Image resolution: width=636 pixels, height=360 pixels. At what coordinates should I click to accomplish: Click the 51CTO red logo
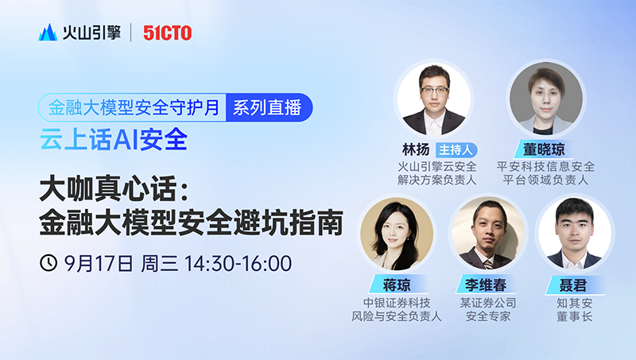tap(167, 33)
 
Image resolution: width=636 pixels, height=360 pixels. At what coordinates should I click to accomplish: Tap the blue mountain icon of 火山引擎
tap(48, 33)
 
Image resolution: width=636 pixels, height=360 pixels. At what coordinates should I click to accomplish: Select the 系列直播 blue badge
tap(269, 107)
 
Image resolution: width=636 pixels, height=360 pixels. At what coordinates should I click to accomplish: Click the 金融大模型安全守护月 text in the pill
tap(134, 108)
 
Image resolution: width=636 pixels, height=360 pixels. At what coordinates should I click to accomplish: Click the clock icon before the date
tap(48, 263)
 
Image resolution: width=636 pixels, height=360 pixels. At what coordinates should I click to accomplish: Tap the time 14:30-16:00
tap(238, 264)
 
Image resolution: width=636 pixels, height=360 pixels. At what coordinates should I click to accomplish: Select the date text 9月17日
tap(99, 264)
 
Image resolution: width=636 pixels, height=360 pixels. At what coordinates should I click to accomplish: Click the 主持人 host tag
tap(456, 150)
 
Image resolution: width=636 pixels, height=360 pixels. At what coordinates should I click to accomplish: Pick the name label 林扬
tap(416, 150)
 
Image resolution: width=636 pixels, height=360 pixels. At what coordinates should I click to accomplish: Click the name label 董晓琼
tap(544, 149)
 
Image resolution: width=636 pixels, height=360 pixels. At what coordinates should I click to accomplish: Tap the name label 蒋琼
tap(397, 285)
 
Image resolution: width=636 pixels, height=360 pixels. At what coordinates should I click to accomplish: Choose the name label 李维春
tap(486, 285)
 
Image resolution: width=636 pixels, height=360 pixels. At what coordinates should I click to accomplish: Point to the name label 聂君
tap(572, 286)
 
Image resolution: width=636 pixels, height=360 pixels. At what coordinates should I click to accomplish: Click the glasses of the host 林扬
tap(434, 90)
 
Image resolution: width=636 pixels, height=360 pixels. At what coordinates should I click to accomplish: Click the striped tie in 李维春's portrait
tap(489, 265)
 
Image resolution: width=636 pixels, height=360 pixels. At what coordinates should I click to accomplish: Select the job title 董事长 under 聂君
tap(574, 316)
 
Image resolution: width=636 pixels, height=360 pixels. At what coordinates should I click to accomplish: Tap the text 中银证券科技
tap(396, 303)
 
